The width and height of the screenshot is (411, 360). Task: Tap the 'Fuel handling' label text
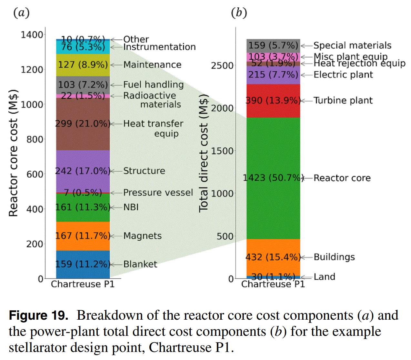click(x=154, y=85)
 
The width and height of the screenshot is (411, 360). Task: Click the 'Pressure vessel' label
click(x=158, y=193)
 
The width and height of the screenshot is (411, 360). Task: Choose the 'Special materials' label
click(x=352, y=45)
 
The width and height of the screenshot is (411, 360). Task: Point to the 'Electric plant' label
click(x=343, y=75)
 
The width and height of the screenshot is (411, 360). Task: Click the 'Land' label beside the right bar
click(x=324, y=277)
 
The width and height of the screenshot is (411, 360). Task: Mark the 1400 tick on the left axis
click(x=32, y=35)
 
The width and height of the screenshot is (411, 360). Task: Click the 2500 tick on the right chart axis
click(x=222, y=65)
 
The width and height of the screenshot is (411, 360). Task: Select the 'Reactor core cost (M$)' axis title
click(x=13, y=153)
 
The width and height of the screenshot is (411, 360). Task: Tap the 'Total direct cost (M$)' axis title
click(x=204, y=153)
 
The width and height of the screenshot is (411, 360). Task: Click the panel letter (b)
click(x=239, y=13)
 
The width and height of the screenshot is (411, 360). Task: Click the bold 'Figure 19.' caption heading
click(x=38, y=315)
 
